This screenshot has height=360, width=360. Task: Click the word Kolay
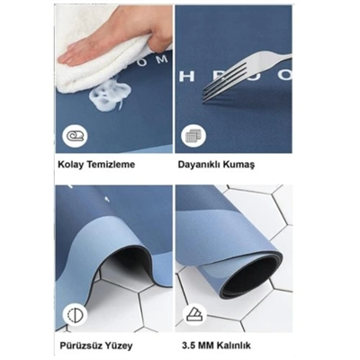point(73,167)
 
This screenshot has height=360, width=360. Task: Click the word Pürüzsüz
point(81,344)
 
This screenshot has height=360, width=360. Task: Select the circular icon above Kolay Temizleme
point(72,137)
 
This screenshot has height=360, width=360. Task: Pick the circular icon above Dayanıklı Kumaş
point(192,137)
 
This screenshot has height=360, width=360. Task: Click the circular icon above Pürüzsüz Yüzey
point(72,315)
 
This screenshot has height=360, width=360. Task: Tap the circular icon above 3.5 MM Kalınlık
point(192,314)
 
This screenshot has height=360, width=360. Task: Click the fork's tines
point(216,86)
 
